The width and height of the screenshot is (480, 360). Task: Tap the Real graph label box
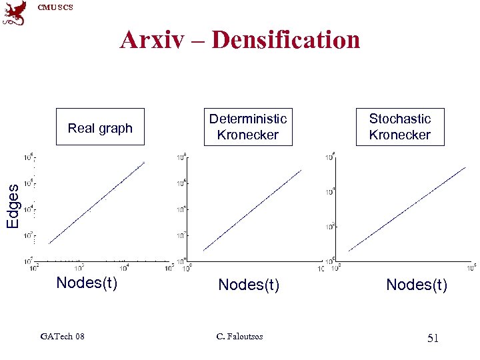tap(100, 127)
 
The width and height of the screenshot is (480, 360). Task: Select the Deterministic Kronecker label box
tap(248, 127)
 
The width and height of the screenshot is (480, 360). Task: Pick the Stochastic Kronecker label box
tap(400, 127)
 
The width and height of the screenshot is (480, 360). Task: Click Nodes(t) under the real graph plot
tap(87, 283)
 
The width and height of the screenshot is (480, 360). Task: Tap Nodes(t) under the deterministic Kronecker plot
tap(249, 285)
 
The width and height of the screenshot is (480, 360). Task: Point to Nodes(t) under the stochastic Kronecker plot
tap(417, 285)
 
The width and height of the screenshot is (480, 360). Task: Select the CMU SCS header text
tap(55, 7)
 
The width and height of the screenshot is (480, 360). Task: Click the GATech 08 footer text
tap(62, 336)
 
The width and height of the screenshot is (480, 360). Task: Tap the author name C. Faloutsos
tap(240, 336)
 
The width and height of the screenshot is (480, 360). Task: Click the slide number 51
tap(433, 339)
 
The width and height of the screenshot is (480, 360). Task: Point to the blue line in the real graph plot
tap(97, 203)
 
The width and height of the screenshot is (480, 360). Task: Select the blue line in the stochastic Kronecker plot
tap(407, 209)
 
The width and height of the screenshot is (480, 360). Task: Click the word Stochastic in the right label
tap(400, 119)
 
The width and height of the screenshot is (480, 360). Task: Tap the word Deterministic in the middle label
tap(248, 119)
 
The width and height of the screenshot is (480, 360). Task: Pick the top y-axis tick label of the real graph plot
tap(29, 158)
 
